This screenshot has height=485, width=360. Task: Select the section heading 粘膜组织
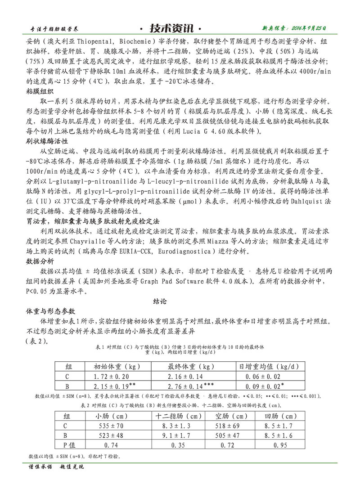(x=41, y=91)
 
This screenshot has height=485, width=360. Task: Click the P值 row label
(x=70, y=445)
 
